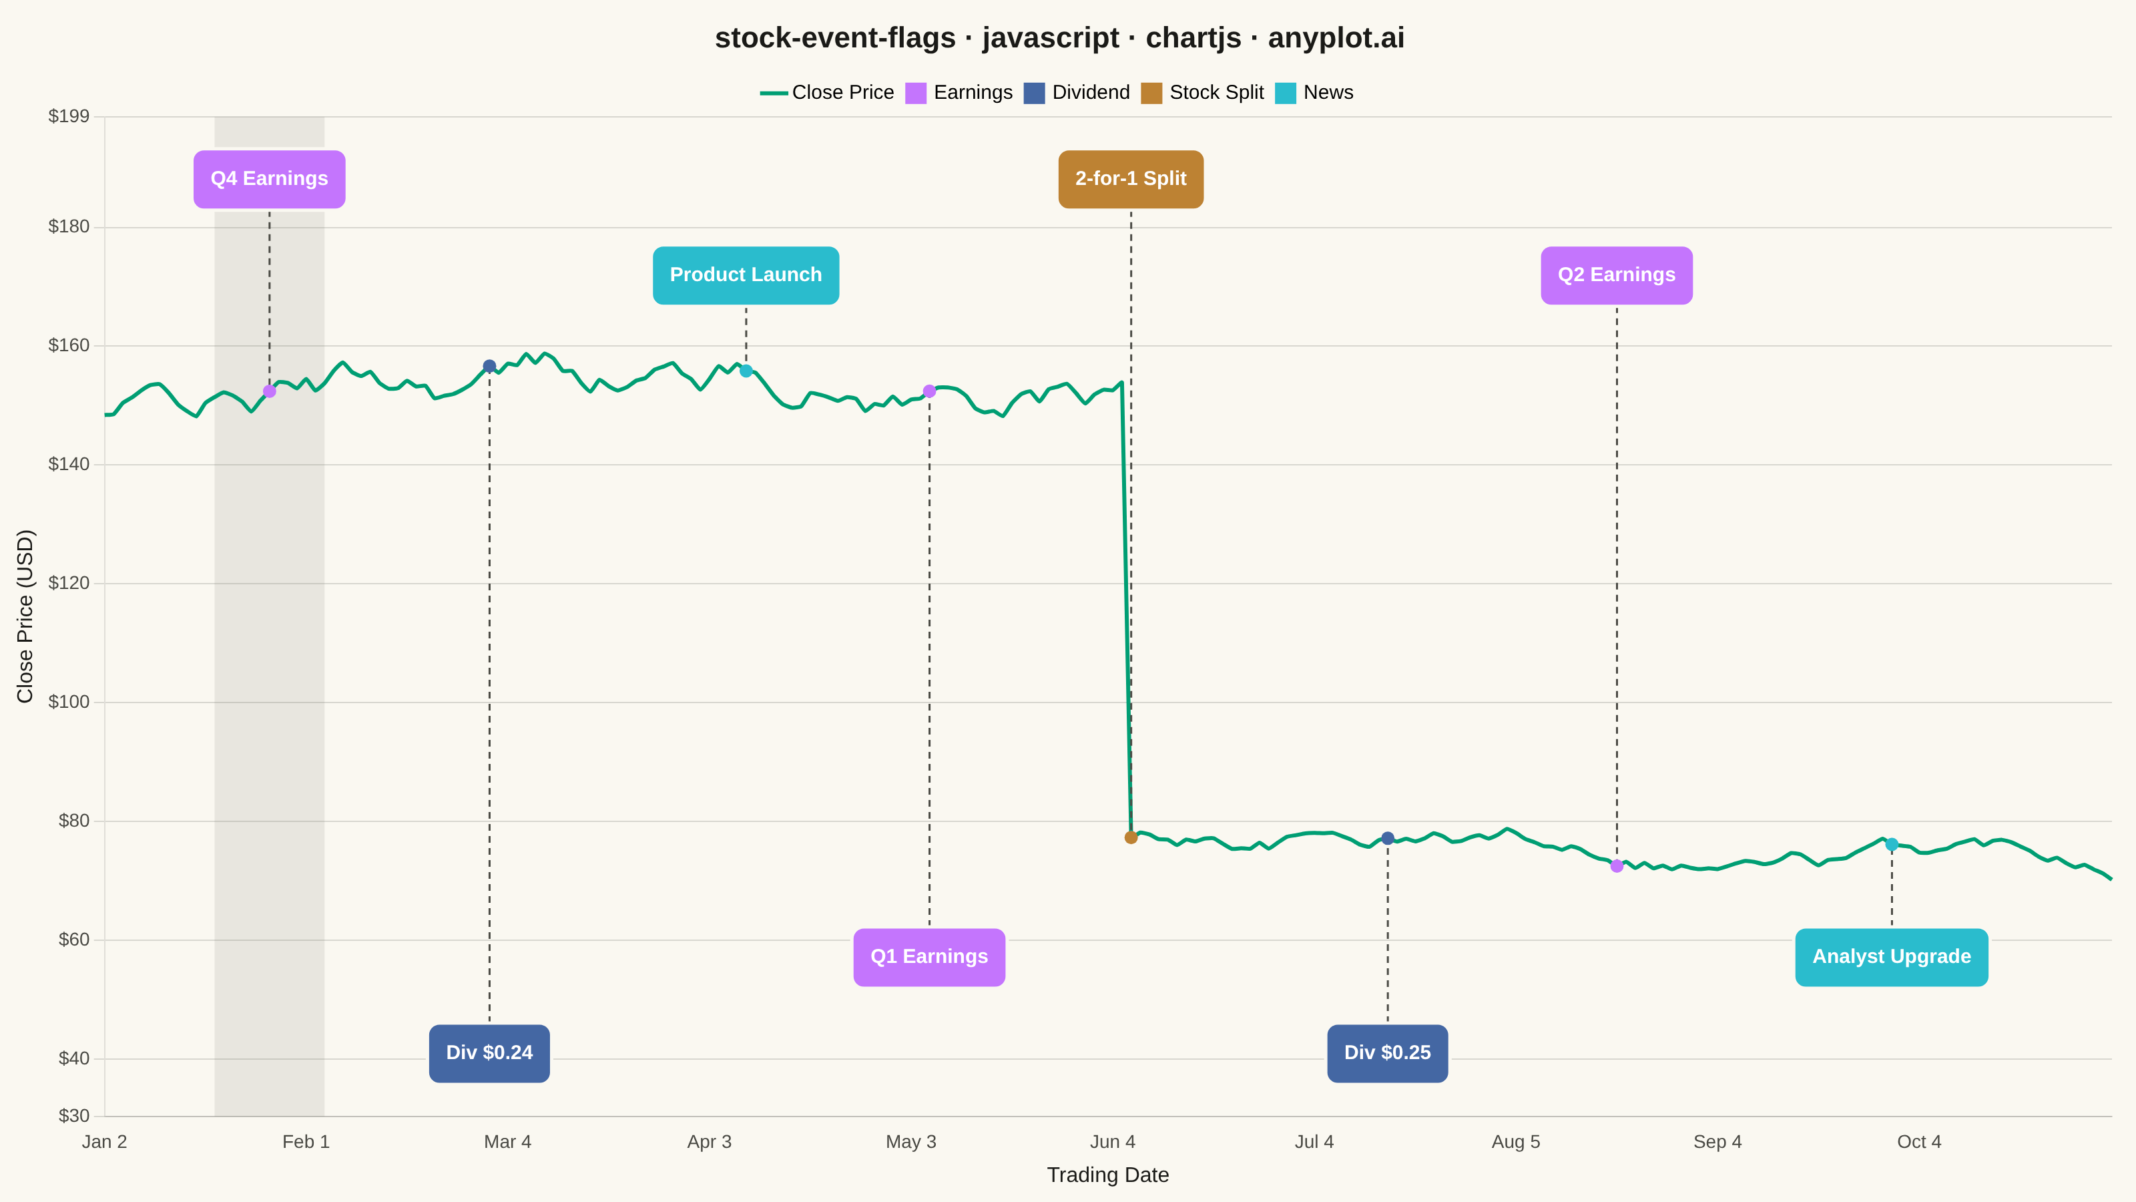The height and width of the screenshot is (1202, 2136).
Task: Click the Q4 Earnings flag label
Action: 270,179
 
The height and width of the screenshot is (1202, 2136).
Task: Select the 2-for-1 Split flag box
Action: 1131,179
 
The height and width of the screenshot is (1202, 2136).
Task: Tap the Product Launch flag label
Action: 746,275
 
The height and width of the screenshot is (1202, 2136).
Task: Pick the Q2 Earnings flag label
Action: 1616,275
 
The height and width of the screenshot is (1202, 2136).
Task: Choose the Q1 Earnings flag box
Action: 928,958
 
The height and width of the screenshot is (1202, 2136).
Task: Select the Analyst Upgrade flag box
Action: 1892,958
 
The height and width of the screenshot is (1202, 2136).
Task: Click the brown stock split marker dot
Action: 1131,838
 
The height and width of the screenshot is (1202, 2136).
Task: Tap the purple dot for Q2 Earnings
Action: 1617,866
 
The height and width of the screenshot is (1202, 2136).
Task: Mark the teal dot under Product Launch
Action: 746,371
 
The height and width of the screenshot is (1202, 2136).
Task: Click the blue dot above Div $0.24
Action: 489,366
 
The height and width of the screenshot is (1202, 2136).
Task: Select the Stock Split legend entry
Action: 1202,93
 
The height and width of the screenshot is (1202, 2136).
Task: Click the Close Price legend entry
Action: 827,93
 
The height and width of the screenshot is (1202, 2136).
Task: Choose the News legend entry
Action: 1314,93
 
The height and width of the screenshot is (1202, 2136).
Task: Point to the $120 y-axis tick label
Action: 69,583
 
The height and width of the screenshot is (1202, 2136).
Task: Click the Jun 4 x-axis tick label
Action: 1112,1143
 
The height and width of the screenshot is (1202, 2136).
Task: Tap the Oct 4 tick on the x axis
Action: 1919,1143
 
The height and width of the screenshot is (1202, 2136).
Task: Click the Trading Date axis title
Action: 1108,1175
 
